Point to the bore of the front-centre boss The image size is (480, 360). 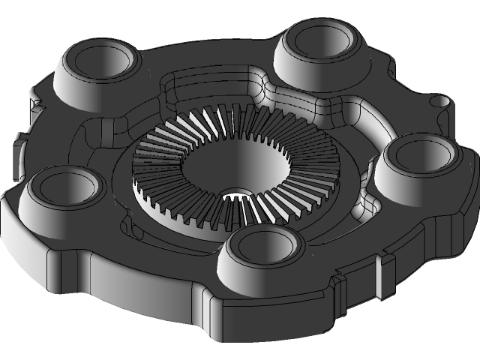point(265,245)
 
